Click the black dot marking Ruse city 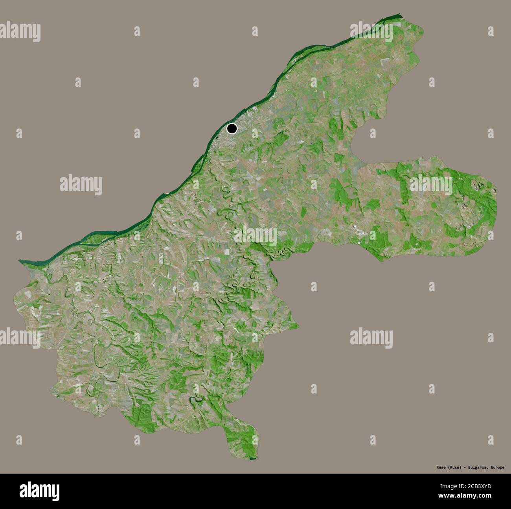(232, 128)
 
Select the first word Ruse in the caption (430, 467)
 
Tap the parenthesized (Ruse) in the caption (444, 467)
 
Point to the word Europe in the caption (496, 467)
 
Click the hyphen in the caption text (456, 467)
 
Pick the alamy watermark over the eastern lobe (431, 183)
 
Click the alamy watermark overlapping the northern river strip (371, 31)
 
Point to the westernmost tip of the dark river (20, 261)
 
